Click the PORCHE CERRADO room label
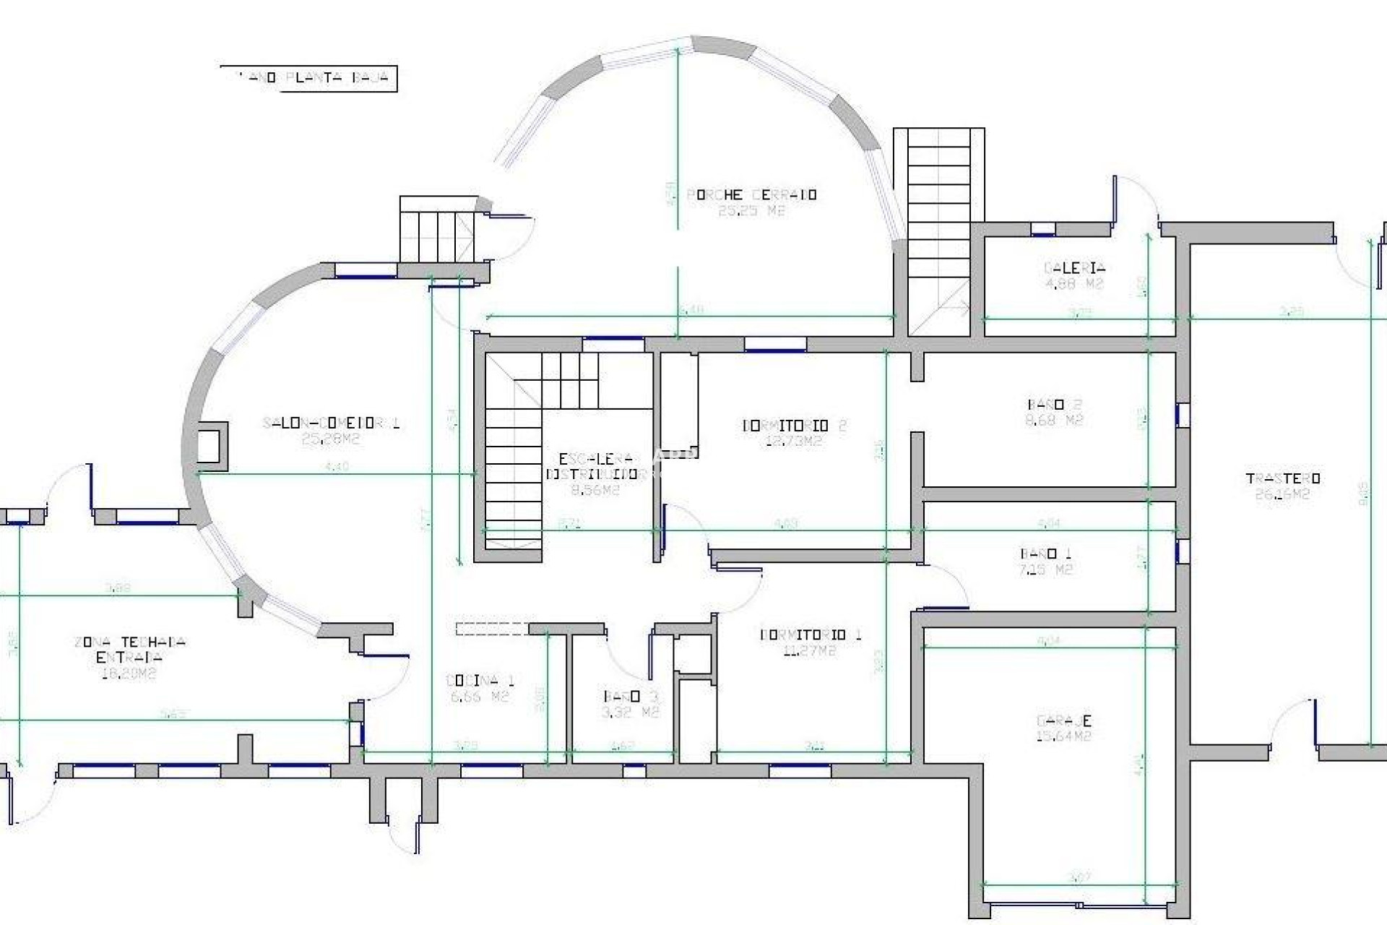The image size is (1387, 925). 751,195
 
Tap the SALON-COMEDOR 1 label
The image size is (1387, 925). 331,423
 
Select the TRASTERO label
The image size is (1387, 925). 1283,478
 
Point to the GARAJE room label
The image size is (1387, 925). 1063,720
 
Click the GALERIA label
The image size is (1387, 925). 1074,268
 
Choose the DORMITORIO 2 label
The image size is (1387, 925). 794,426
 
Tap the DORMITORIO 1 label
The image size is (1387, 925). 811,634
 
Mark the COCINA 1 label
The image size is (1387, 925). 480,681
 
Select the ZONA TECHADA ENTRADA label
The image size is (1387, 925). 129,649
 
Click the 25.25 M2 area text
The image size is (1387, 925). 751,211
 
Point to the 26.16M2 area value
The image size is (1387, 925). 1282,495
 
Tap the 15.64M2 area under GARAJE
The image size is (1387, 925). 1063,736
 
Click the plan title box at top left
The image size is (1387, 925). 308,78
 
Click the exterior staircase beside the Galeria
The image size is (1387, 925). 938,231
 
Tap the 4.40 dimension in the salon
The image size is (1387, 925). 337,467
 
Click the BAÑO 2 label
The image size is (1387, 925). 1054,405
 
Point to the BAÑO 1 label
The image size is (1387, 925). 1045,554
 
